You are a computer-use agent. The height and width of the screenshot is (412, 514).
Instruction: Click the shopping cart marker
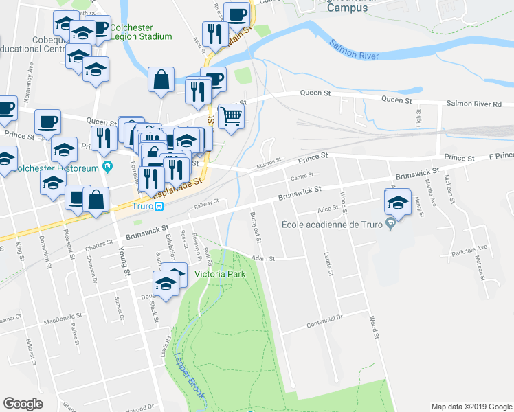click(x=231, y=117)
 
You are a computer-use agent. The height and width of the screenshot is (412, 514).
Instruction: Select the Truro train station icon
click(x=158, y=205)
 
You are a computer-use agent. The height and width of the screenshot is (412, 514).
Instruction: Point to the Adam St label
click(x=263, y=258)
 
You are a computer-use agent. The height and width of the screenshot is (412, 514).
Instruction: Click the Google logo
click(x=23, y=404)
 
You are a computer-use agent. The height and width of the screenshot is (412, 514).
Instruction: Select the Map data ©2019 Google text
click(x=471, y=407)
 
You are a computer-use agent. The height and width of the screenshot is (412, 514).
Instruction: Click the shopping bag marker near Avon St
click(x=161, y=80)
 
